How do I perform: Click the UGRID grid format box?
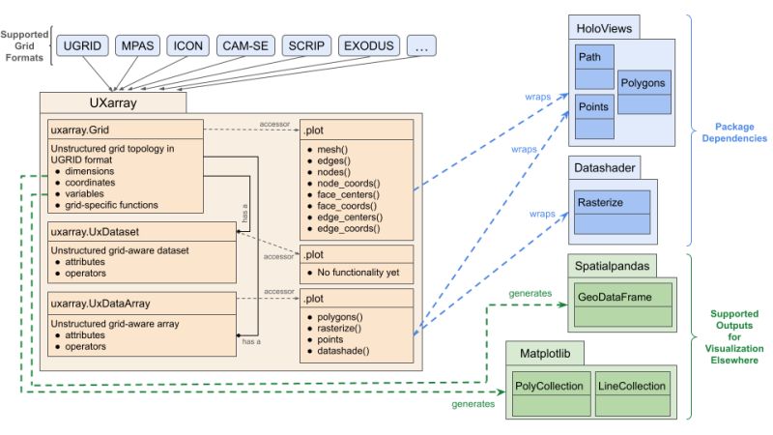click(x=81, y=45)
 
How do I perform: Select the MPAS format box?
click(x=137, y=45)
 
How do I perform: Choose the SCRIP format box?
click(x=305, y=45)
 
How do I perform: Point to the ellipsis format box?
click(x=425, y=45)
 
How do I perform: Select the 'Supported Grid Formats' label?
click(x=26, y=44)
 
